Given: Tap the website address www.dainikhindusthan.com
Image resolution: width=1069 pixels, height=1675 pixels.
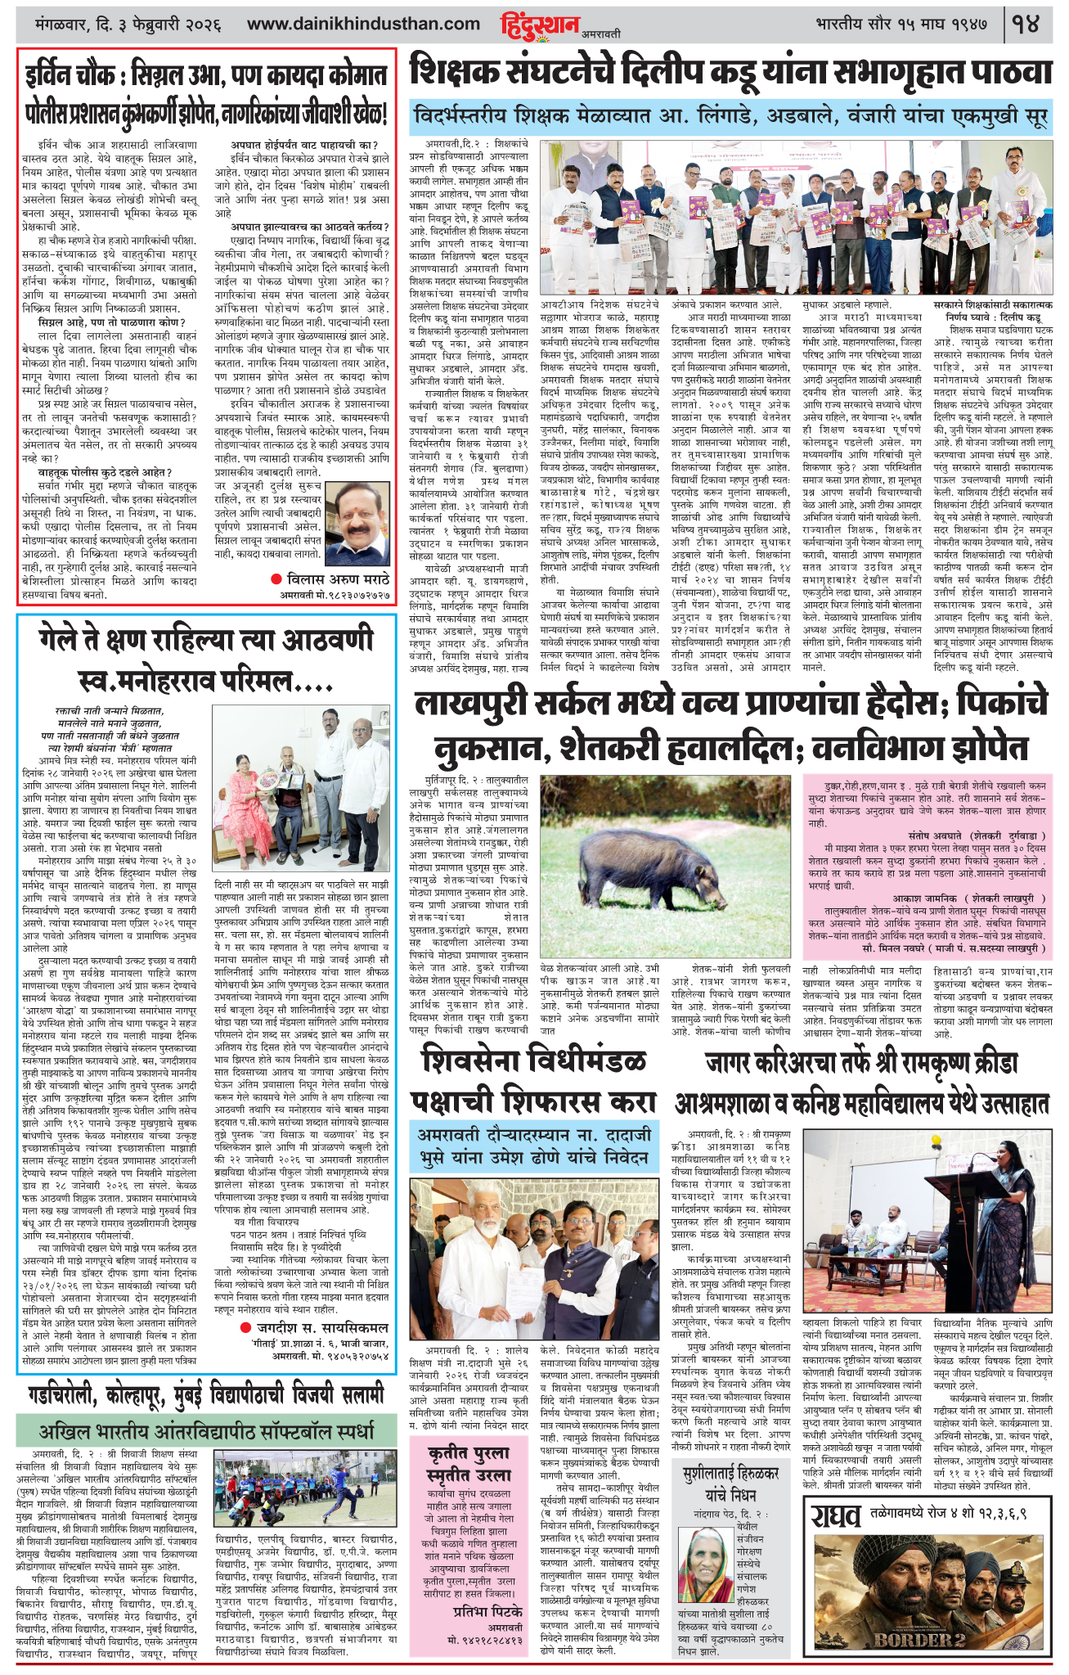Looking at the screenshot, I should tap(363, 25).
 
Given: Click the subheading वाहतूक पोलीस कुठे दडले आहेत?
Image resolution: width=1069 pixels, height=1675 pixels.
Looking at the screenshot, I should tap(104, 472).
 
